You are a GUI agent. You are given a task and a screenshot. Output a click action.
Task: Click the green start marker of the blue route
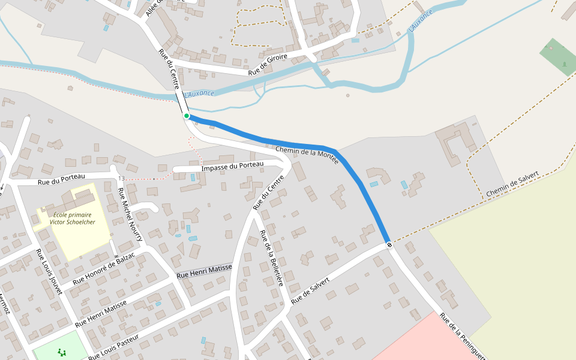coord(187,116)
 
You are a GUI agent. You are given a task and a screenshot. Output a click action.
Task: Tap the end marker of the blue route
coord(389,244)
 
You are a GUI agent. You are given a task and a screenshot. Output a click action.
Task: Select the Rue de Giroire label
coord(268,64)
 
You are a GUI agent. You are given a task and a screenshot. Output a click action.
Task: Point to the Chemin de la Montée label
coord(307,154)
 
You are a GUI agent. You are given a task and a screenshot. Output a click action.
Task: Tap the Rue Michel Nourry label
coord(130,214)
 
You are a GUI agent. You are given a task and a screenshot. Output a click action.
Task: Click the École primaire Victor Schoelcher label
coord(74,218)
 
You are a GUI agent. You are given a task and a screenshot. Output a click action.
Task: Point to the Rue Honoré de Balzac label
coord(104,268)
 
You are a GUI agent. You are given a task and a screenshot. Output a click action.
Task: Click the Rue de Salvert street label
coord(310,290)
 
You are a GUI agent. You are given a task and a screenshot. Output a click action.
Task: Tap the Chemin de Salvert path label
coord(513,185)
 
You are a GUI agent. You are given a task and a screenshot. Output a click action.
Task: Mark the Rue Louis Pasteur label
coord(114,347)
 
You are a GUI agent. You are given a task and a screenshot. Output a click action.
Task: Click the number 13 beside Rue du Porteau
coord(121,179)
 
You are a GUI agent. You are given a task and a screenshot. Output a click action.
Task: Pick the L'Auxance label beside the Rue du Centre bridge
coord(199,94)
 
